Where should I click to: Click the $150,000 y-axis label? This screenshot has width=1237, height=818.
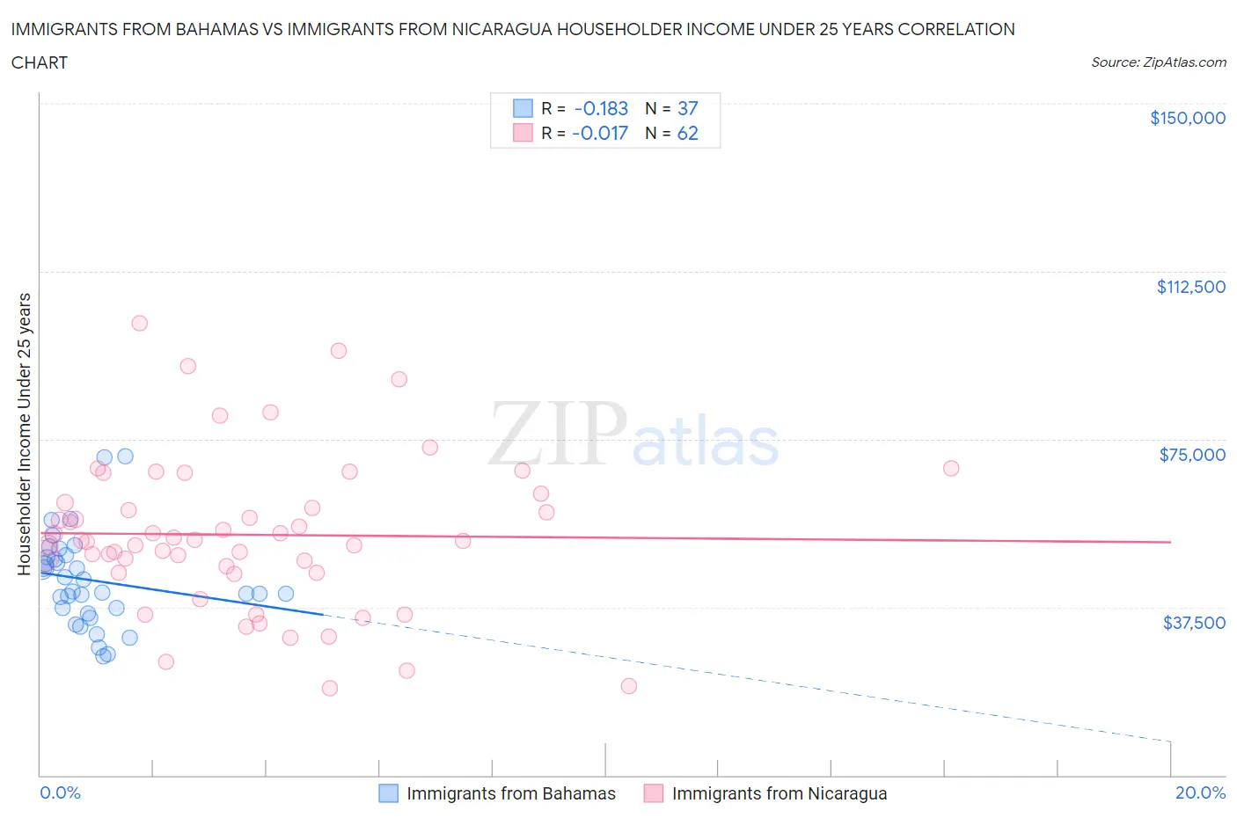tap(1187, 118)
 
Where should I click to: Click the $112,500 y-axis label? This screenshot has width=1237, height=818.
tap(1190, 287)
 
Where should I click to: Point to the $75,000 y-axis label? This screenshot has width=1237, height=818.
tap(1191, 455)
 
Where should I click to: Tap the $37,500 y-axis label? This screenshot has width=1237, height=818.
tap(1193, 623)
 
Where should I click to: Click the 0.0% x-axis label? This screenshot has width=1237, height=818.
tap(60, 792)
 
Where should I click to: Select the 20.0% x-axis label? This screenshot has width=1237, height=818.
tap(1200, 792)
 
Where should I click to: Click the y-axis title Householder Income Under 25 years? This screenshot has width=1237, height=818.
tap(24, 434)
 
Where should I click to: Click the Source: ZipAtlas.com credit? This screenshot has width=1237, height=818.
tap(1158, 62)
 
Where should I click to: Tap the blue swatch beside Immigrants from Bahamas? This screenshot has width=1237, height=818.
tap(388, 793)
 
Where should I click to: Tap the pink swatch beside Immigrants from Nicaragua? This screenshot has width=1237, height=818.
tap(653, 793)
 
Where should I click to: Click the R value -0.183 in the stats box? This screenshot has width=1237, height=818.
tap(601, 108)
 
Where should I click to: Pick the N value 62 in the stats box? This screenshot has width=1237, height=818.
tap(687, 133)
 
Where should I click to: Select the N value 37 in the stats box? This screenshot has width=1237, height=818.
tap(687, 108)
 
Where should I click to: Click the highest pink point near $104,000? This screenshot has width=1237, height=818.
tap(139, 323)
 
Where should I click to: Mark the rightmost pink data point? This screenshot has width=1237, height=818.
tap(950, 468)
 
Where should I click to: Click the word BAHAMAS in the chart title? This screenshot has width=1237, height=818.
tap(214, 29)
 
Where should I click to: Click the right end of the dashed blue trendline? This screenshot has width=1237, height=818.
tap(1170, 741)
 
